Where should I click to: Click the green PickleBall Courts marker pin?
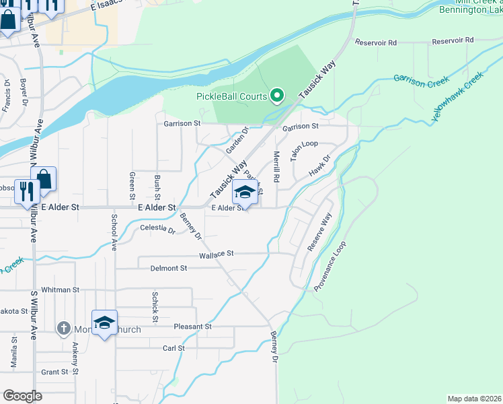(x=276, y=96)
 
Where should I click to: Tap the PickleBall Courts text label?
(x=231, y=96)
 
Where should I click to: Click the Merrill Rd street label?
(x=276, y=167)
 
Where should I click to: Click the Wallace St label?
(x=216, y=254)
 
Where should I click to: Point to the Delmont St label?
(x=168, y=268)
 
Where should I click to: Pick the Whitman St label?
(x=60, y=290)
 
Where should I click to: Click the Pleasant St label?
(x=193, y=327)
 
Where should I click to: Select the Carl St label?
(x=173, y=348)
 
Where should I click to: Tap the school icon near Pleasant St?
(x=105, y=323)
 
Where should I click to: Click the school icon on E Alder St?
(x=245, y=193)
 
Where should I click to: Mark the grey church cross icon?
(x=64, y=328)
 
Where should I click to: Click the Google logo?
(x=23, y=395)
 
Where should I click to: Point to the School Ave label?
(x=114, y=233)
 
